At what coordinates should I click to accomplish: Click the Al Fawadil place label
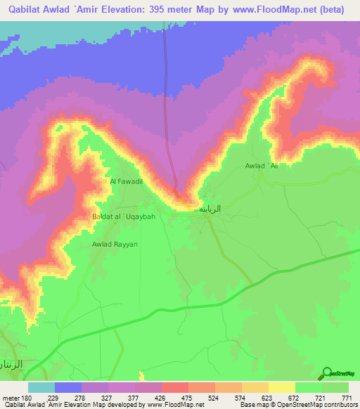(127, 181)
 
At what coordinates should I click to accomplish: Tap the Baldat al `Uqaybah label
(124, 216)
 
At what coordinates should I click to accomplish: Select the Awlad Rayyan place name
(115, 244)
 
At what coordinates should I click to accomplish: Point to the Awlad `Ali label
(262, 166)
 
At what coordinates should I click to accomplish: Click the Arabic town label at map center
(212, 209)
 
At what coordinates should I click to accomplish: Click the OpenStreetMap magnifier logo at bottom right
(326, 373)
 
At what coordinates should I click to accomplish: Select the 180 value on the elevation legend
(27, 398)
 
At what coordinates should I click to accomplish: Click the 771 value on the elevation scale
(347, 398)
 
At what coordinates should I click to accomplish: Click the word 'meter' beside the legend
(10, 398)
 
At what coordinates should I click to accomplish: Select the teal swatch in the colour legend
(41, 387)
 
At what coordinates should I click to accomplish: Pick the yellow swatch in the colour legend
(281, 387)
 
